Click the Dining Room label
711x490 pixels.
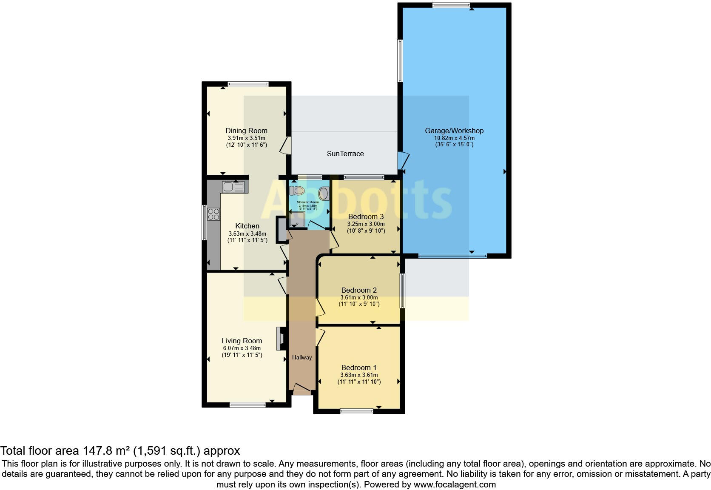pyautogui.click(x=246, y=131)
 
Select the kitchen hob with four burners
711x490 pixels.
pyautogui.click(x=214, y=214)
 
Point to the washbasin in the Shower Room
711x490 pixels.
pyautogui.click(x=324, y=194)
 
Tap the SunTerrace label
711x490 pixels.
pyautogui.click(x=345, y=154)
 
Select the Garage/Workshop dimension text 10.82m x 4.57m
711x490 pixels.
pyautogui.click(x=454, y=138)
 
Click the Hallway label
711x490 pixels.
pyautogui.click(x=302, y=357)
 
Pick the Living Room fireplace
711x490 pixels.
pyautogui.click(x=281, y=339)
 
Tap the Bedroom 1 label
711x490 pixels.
pyautogui.click(x=359, y=367)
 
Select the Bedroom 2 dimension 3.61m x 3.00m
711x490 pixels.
pyautogui.click(x=359, y=297)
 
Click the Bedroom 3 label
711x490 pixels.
pyautogui.click(x=366, y=217)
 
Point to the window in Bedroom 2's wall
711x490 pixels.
pyautogui.click(x=402, y=291)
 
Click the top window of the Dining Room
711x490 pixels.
pyautogui.click(x=248, y=84)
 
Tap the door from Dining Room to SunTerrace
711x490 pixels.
pyautogui.click(x=286, y=145)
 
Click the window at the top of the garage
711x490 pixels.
pyautogui.click(x=451, y=5)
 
